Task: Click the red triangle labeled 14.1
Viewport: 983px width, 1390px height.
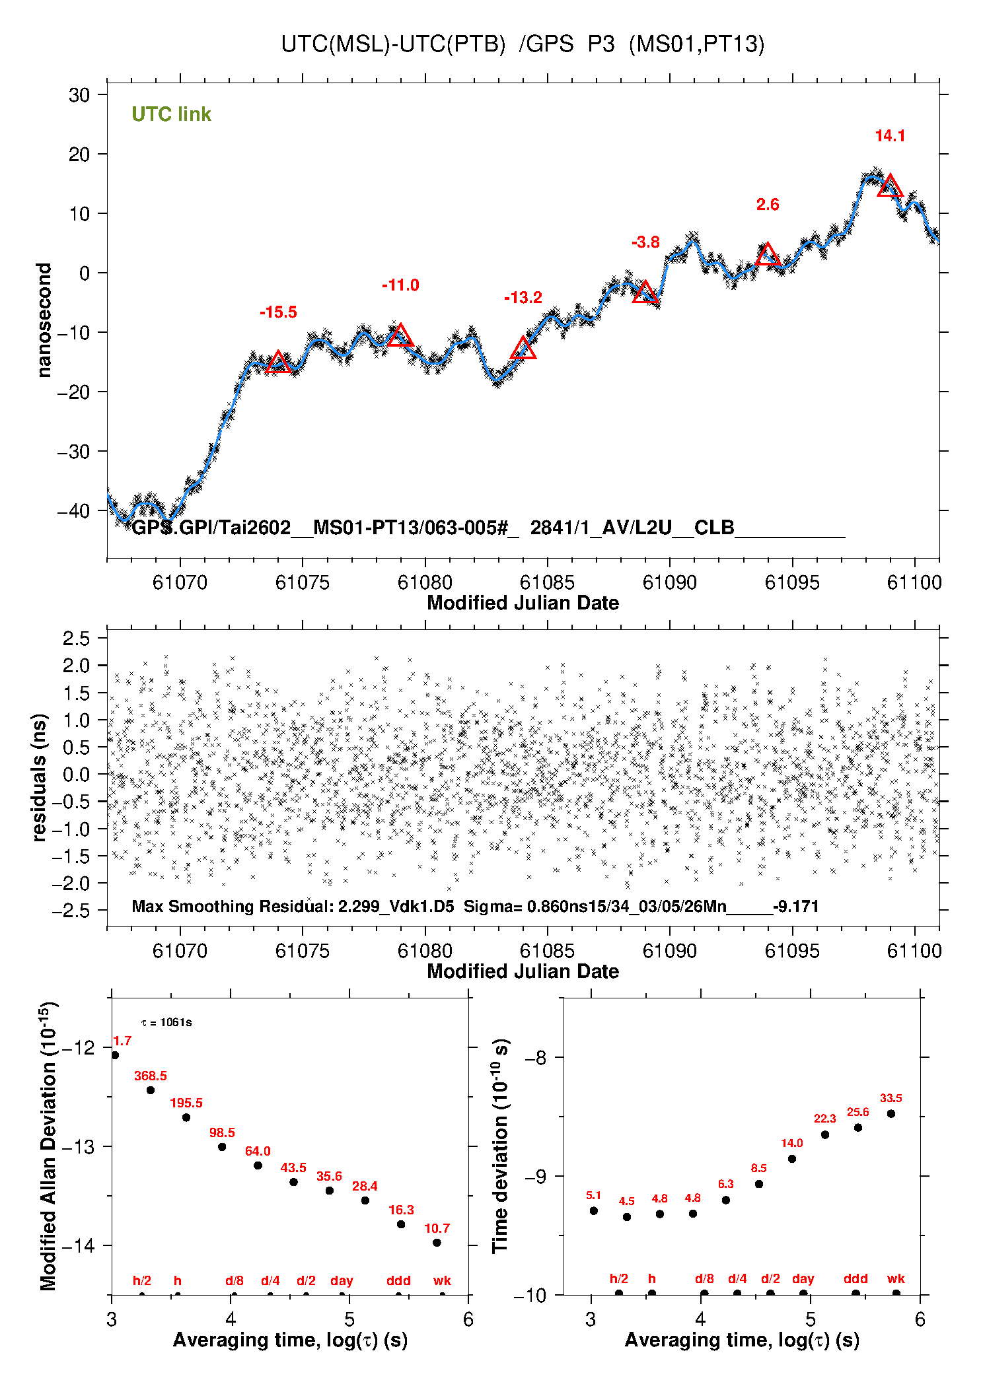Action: click(890, 186)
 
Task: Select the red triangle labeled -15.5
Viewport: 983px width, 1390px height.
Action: click(278, 363)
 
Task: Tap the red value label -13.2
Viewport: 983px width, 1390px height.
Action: click(523, 298)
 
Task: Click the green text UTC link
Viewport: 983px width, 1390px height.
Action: click(171, 114)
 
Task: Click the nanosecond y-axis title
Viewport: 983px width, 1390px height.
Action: click(44, 320)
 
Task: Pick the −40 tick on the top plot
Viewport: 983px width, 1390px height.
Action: click(79, 510)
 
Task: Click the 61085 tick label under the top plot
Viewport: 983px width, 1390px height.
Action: click(547, 582)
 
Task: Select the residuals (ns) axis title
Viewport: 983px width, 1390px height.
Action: click(40, 777)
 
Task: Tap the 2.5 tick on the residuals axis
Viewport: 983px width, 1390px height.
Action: click(76, 639)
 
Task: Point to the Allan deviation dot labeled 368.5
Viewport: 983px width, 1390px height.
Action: click(151, 1090)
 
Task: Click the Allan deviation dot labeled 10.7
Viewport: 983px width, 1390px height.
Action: click(437, 1243)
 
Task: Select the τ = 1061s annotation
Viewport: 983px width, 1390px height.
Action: click(166, 1023)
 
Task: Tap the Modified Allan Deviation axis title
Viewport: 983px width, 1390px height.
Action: click(48, 1146)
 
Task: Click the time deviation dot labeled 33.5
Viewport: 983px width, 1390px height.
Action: click(891, 1114)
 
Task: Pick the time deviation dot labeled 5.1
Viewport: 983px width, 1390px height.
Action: click(593, 1211)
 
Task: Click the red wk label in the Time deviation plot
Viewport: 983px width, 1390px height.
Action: click(896, 1279)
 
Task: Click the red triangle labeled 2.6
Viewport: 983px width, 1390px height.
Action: click(768, 254)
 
